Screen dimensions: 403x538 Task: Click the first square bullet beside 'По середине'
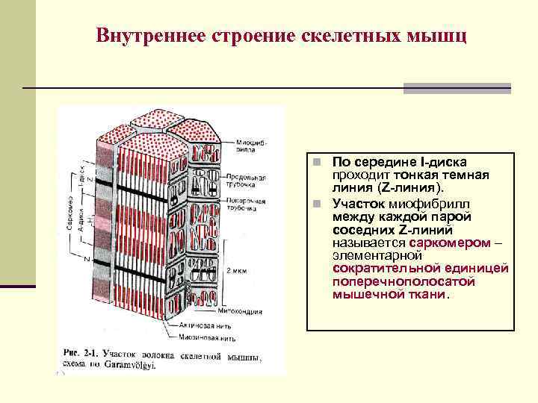(317, 162)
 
